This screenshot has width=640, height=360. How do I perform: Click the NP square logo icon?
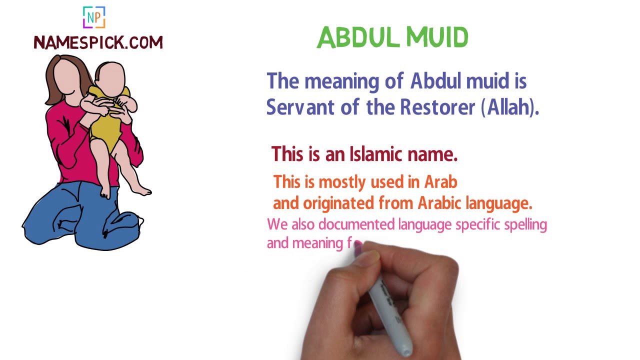94,17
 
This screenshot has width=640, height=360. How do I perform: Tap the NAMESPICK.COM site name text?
98,42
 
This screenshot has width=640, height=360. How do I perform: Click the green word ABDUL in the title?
358,37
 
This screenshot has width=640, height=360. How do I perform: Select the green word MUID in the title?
437,37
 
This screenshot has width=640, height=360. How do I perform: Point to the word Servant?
300,107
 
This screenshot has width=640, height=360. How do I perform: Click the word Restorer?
437,107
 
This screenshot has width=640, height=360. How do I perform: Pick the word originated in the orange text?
338,203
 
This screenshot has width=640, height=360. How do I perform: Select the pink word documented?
356,224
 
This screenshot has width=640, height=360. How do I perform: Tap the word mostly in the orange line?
342,182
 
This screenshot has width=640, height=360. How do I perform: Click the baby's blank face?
110,79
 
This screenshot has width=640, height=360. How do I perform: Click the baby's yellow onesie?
107,125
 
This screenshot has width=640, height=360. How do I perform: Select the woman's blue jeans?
83,217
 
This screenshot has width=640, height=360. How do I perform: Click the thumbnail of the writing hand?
370,257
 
